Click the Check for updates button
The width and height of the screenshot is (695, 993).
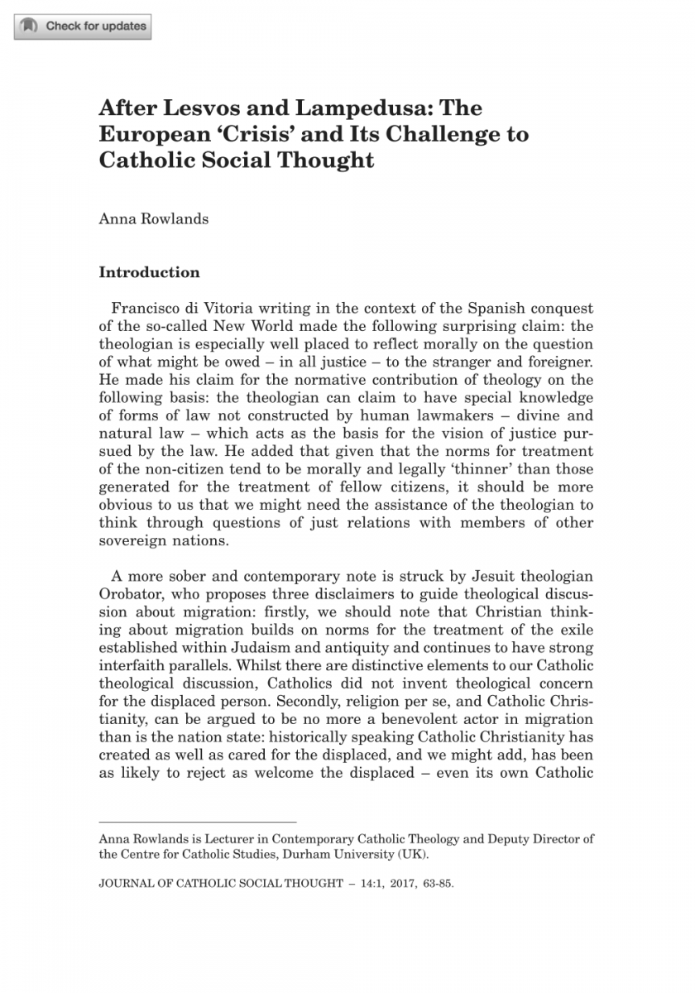tap(83, 26)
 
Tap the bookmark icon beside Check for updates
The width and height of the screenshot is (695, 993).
tap(29, 26)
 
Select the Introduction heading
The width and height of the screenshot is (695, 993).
tap(149, 272)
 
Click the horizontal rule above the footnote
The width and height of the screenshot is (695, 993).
tap(197, 822)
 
